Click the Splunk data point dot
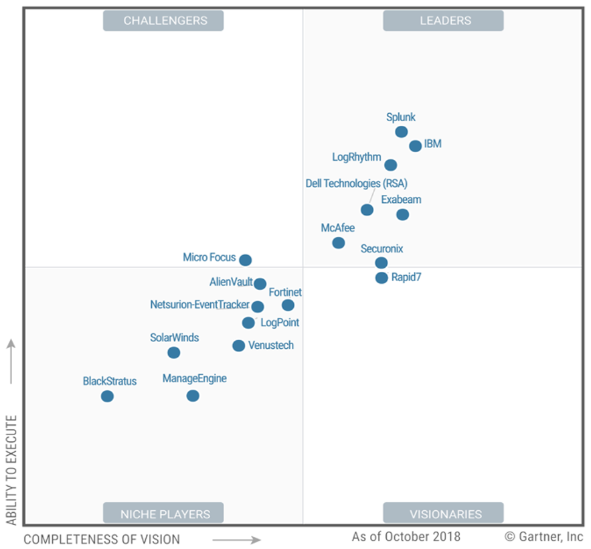(401, 132)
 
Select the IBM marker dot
(415, 146)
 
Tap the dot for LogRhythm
(391, 165)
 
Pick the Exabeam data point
(402, 214)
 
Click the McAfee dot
(339, 242)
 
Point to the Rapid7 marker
(382, 278)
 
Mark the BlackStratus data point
(107, 396)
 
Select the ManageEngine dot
(193, 396)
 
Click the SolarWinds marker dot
(174, 352)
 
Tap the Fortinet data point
(288, 305)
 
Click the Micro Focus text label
(209, 258)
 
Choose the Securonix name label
(382, 249)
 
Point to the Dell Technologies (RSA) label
(356, 183)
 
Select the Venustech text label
(271, 345)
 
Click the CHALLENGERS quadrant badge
(163, 21)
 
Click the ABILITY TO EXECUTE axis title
(11, 469)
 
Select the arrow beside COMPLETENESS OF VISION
(236, 539)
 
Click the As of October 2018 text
(406, 537)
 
